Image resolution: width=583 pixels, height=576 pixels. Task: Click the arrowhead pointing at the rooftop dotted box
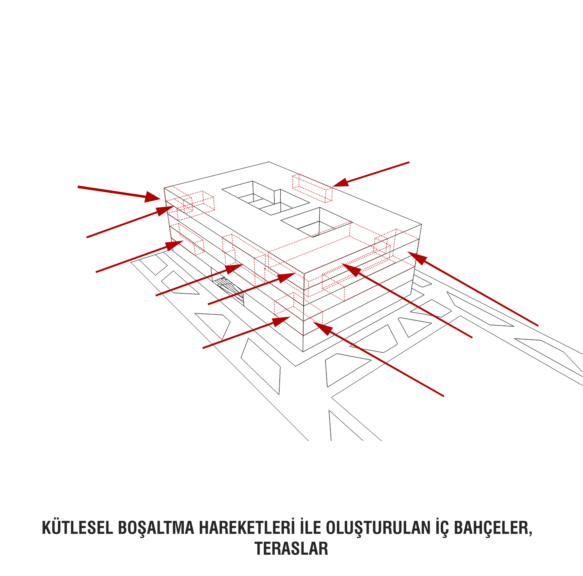pyautogui.click(x=340, y=182)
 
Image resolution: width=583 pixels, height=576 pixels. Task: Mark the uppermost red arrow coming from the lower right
pyautogui.click(x=473, y=289)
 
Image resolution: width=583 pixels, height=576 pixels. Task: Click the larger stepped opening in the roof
pyautogui.click(x=266, y=198)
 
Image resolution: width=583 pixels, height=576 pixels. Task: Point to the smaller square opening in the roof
pyautogui.click(x=317, y=222)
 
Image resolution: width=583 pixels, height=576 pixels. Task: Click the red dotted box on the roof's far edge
pyautogui.click(x=312, y=188)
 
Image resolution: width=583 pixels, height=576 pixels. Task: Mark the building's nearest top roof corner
pyautogui.click(x=304, y=274)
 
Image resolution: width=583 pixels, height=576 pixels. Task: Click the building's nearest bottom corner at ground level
pyautogui.click(x=303, y=352)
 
